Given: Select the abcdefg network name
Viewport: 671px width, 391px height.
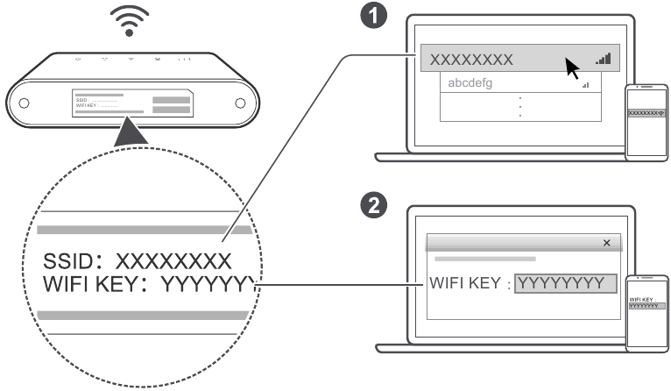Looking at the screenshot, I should [x=470, y=84].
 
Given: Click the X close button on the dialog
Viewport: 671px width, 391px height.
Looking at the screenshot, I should [x=607, y=242].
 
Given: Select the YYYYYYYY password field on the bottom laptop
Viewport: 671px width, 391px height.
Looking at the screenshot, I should [x=565, y=284].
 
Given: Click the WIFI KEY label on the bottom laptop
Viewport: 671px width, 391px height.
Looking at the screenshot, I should [x=466, y=284].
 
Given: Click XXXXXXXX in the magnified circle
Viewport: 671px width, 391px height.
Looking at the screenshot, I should [x=174, y=261].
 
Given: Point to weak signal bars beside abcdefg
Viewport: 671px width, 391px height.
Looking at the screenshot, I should [x=584, y=85].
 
